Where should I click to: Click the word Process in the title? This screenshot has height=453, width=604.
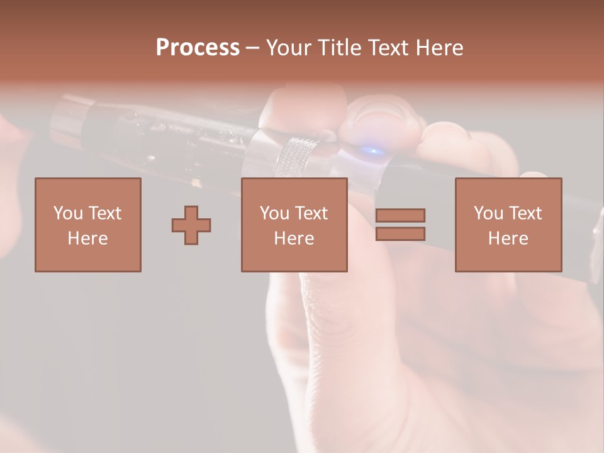(x=198, y=48)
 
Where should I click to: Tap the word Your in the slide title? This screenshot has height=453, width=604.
(x=288, y=48)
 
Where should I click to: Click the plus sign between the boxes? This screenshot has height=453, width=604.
(x=191, y=225)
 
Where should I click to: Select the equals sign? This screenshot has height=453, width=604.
(x=400, y=225)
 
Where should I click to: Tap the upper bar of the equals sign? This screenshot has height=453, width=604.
(x=400, y=216)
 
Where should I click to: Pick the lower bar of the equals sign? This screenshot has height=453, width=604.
(x=400, y=233)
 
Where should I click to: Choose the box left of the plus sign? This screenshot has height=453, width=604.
(x=87, y=225)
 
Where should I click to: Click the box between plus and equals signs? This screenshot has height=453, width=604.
(x=294, y=225)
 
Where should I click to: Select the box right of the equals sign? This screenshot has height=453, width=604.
(x=508, y=225)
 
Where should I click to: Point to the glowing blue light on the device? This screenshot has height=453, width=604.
(x=371, y=151)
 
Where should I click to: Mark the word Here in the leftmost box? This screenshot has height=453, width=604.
(x=87, y=238)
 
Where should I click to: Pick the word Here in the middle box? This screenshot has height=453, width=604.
(x=294, y=238)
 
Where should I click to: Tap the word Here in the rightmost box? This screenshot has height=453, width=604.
(x=508, y=238)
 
